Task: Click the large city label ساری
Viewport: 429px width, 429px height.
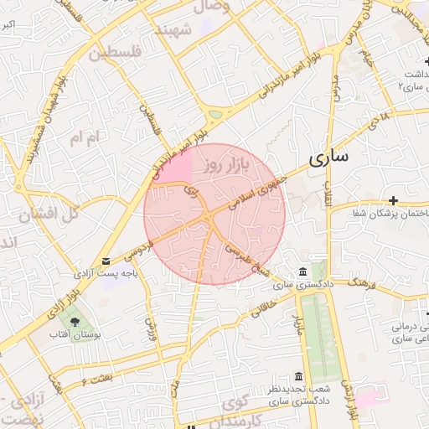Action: point(328,158)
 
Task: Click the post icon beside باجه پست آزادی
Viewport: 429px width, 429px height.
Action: point(106,261)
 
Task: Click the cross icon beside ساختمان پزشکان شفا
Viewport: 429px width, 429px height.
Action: point(393,200)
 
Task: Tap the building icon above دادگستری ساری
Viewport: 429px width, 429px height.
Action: point(302,272)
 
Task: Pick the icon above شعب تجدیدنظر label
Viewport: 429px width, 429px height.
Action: point(298,376)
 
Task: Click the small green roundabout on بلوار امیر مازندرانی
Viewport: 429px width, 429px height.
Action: point(216,114)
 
